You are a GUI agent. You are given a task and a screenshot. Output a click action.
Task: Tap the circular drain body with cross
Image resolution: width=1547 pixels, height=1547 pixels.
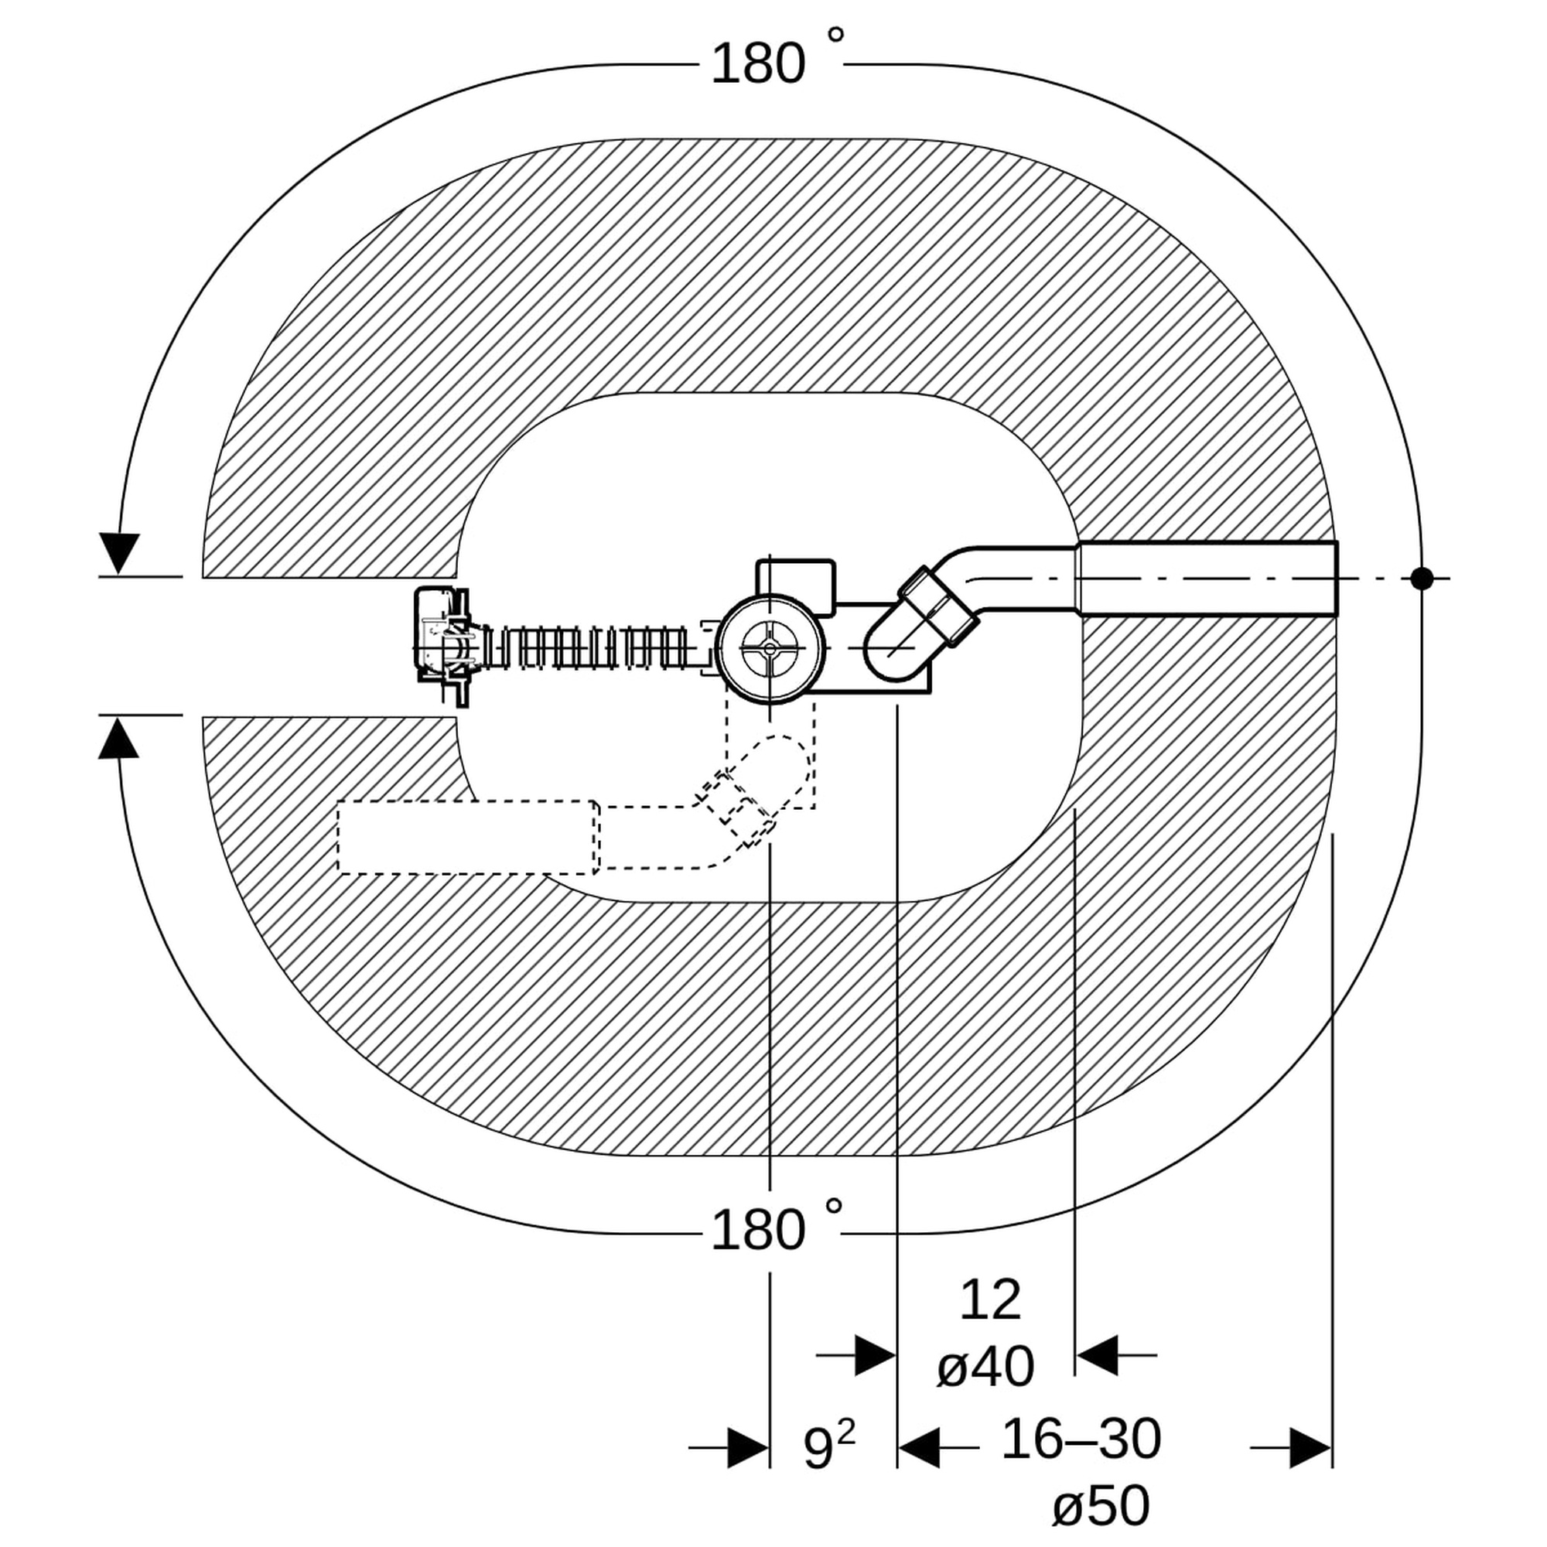pyautogui.click(x=770, y=649)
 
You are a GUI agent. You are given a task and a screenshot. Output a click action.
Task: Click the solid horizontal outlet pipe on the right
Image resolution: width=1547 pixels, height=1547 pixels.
pyautogui.click(x=1208, y=578)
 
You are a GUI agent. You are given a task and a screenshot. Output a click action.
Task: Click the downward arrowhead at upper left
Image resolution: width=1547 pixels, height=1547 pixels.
pyautogui.click(x=119, y=553)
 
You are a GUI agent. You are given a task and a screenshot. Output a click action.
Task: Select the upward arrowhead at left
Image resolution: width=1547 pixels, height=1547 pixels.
pyautogui.click(x=118, y=736)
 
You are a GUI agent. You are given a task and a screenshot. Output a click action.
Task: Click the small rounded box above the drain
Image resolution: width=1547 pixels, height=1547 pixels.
pyautogui.click(x=796, y=587)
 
